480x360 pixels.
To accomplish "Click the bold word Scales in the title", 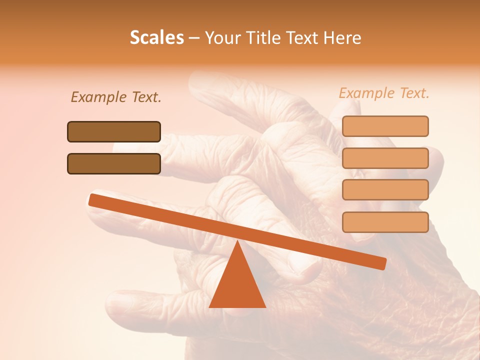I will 156,37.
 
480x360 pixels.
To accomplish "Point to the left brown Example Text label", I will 116,97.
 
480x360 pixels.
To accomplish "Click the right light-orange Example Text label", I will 384,93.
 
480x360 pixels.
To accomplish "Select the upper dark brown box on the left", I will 114,131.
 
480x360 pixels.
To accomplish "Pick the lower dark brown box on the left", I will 114,163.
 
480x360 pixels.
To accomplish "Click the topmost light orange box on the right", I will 385,126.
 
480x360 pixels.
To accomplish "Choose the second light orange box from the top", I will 385,158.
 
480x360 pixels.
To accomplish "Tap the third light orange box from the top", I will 385,190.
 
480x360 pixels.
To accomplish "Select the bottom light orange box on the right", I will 385,222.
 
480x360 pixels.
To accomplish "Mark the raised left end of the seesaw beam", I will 95,200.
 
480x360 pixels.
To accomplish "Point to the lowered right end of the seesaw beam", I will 380,263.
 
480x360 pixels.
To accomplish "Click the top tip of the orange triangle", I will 237,242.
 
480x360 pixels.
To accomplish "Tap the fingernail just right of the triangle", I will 305,267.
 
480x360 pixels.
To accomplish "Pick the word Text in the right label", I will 413,93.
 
